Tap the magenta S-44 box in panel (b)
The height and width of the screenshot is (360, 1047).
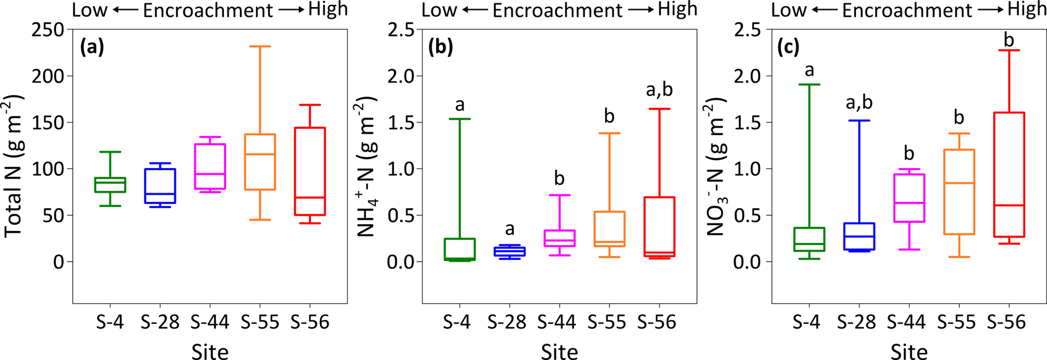(560, 238)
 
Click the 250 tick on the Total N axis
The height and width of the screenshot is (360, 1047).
(51, 30)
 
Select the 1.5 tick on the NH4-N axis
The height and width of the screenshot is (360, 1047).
(401, 123)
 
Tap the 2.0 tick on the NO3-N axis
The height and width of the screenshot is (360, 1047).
(750, 76)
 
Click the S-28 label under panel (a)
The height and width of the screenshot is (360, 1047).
(160, 322)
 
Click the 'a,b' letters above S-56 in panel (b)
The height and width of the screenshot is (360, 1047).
(659, 90)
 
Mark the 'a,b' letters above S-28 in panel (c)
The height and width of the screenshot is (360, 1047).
(859, 103)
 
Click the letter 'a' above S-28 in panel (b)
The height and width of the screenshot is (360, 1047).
(510, 229)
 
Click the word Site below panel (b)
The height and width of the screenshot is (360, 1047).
(559, 351)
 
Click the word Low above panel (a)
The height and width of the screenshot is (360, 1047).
(90, 10)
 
